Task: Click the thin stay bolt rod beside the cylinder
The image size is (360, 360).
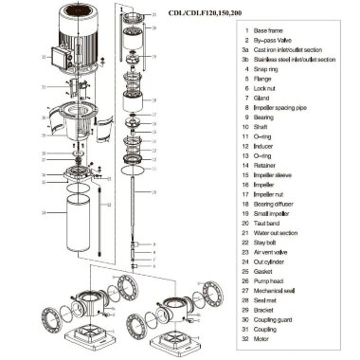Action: [x=99, y=227]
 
